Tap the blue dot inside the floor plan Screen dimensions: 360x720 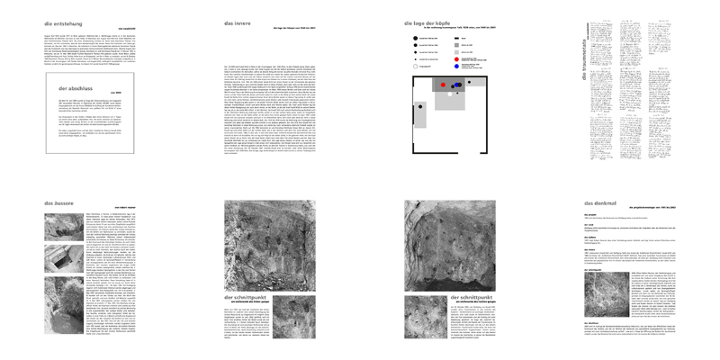point(457,84)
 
